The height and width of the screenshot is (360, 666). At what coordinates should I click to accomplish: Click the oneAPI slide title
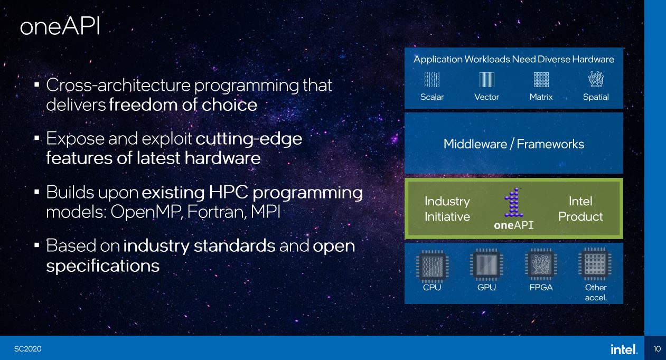tap(60, 26)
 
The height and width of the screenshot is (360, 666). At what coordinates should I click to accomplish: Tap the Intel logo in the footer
tap(624, 349)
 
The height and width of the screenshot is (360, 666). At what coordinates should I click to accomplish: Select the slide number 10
tap(657, 349)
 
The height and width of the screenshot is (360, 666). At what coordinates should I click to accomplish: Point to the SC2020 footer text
tap(27, 349)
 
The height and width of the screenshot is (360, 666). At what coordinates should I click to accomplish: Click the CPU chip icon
tap(432, 266)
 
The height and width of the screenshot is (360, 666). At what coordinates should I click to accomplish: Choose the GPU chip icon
tap(486, 264)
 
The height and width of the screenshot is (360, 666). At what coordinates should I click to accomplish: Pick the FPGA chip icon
tap(541, 264)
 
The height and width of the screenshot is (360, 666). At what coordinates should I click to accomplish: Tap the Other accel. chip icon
tap(595, 264)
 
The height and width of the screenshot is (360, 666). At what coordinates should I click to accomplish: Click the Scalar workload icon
tap(432, 80)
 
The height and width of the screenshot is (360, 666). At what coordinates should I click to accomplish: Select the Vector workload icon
tap(487, 80)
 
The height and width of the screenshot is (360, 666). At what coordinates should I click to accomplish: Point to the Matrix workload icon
tap(541, 80)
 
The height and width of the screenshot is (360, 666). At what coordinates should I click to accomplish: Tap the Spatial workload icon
tap(596, 79)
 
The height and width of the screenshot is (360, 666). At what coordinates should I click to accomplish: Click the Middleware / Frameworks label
tap(514, 144)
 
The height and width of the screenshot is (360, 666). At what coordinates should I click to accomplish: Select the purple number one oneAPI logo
tap(514, 203)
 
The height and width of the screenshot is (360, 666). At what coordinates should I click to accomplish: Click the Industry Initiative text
tap(447, 209)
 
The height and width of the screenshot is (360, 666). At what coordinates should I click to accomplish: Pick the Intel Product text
tap(580, 209)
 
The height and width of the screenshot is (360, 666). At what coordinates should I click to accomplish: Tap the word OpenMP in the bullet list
tap(146, 213)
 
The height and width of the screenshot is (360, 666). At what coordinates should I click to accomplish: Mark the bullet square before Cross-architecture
tap(37, 85)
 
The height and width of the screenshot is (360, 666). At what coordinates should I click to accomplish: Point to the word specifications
tap(103, 266)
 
